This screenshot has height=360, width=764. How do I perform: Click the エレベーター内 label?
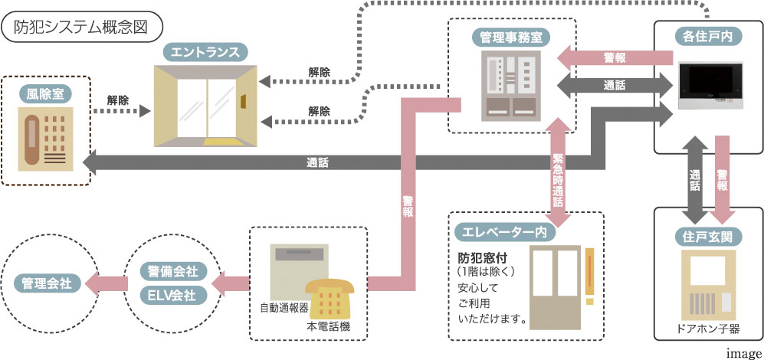pos(500,232)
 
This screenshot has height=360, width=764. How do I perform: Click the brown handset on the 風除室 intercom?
pos(31,139)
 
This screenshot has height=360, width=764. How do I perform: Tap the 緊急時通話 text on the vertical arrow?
pos(558,180)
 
